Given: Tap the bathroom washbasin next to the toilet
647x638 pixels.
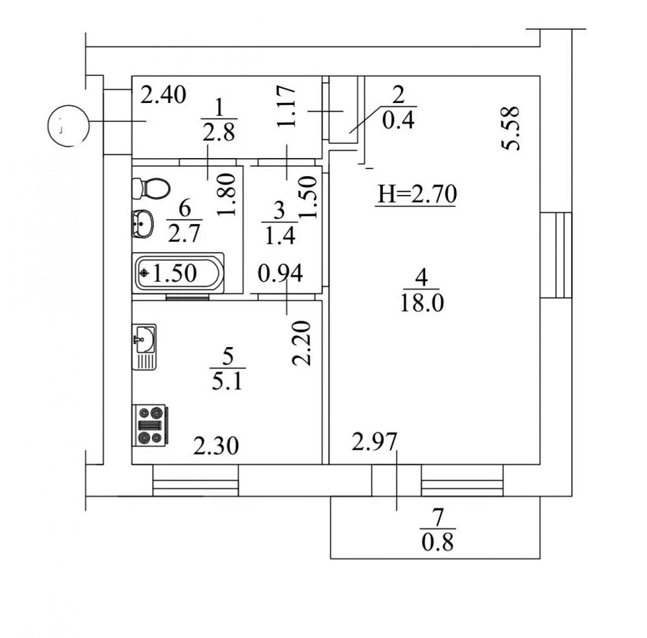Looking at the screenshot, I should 142,225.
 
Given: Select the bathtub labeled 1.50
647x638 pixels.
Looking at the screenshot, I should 179,273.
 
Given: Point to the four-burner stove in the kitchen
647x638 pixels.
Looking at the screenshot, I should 149,425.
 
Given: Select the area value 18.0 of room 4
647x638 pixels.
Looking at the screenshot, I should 421,302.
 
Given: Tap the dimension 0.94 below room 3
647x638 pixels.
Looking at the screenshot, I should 280,274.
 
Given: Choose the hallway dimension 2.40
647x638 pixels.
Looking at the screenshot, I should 164,95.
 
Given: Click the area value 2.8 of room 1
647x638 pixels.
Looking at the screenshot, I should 219,133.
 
